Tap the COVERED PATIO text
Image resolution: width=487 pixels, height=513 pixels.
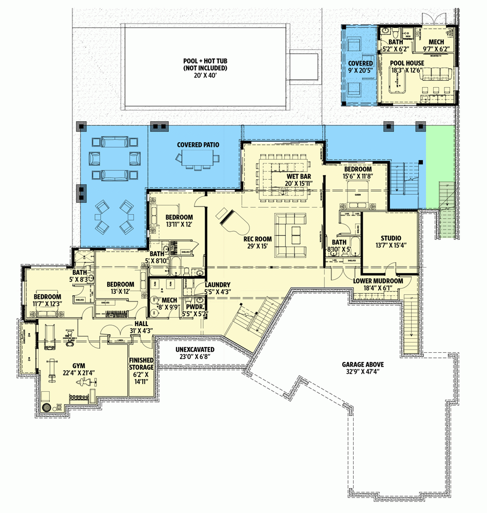[x=198, y=145]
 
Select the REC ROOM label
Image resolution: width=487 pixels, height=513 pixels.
[x=258, y=239]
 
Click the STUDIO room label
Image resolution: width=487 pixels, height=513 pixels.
[x=391, y=238]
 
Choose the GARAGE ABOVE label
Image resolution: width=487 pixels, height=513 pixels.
[x=363, y=364]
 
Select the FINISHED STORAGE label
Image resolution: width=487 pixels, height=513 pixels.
[x=141, y=364]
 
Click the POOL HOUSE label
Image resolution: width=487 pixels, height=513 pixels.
[x=406, y=63]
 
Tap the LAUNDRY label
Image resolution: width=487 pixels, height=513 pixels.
[x=218, y=284]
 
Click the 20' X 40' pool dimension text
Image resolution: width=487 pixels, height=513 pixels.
[x=205, y=75]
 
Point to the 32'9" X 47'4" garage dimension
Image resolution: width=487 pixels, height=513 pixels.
[x=363, y=372]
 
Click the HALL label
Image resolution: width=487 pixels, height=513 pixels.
[x=142, y=324]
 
